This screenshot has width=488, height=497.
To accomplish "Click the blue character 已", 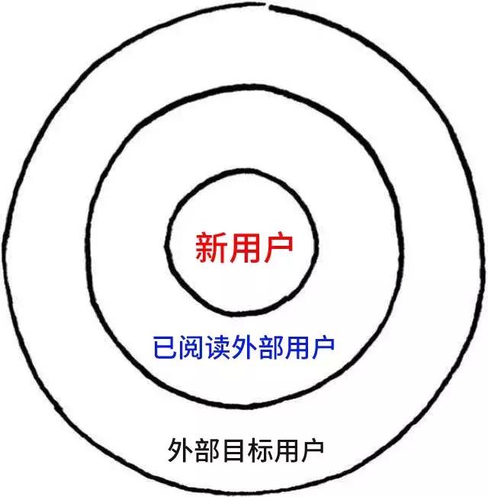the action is tap(165, 351).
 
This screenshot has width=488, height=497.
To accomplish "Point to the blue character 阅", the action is tap(191, 351).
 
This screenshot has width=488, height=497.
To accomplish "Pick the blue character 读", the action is tap(217, 351).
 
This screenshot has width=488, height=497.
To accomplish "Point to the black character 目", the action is tap(233, 448).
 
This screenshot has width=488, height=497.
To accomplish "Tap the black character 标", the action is tap(259, 448).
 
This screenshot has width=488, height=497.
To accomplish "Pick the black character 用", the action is tap(286, 448).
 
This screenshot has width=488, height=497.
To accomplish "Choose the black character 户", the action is tap(313, 448).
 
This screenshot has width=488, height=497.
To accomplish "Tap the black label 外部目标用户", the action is tap(246, 448).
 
